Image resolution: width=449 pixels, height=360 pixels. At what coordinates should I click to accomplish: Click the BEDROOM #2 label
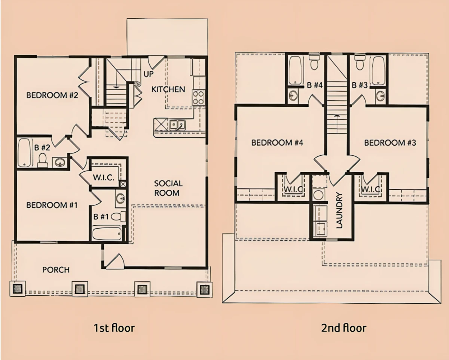click(52, 95)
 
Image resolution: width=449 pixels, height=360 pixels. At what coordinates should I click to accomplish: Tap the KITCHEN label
click(168, 89)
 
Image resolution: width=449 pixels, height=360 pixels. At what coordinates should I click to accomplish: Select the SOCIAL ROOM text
click(168, 188)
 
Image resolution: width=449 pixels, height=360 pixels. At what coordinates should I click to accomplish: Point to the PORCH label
click(56, 270)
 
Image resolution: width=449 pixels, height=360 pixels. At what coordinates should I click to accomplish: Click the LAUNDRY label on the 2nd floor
click(339, 210)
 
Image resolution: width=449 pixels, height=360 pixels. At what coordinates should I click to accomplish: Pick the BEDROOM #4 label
click(277, 143)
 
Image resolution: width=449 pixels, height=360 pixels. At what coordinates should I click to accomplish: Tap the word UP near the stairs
click(148, 74)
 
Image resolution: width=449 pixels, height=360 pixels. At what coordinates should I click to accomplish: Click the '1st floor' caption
click(114, 328)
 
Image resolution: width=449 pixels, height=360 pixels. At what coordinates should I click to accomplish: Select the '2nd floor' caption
click(343, 328)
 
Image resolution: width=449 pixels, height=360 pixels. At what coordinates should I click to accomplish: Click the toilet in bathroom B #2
click(43, 160)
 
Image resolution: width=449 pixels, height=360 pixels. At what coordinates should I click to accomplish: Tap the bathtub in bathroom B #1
click(107, 234)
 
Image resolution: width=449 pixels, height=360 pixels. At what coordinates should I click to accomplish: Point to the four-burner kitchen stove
click(198, 97)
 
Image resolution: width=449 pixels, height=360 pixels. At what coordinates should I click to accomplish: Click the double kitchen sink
click(177, 125)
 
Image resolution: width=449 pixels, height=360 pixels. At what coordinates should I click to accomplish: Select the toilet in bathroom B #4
click(314, 62)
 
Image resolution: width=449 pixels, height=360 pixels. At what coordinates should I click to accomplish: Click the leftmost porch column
click(18, 289)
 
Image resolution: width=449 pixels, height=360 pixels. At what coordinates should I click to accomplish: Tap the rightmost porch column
click(204, 290)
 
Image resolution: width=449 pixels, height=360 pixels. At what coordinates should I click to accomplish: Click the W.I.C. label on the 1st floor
click(104, 178)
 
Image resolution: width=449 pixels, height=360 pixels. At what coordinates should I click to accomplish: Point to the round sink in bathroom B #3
click(381, 96)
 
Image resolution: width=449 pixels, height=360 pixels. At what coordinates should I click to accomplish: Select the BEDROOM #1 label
click(52, 205)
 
